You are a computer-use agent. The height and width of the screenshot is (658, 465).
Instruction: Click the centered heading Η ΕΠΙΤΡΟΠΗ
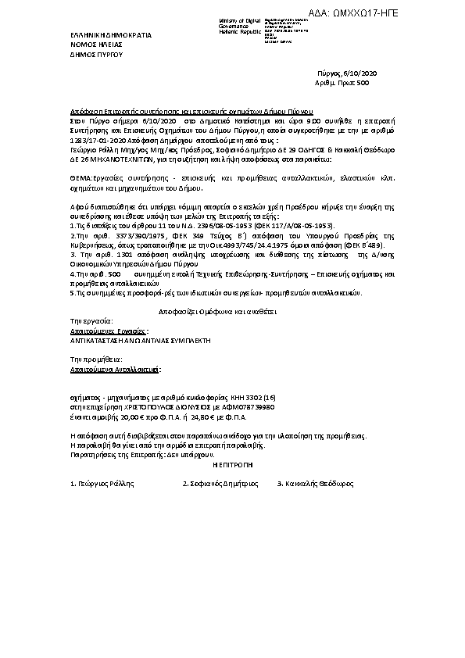[234, 464]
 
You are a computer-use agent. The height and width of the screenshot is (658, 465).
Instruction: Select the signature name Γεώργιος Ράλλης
[102, 485]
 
